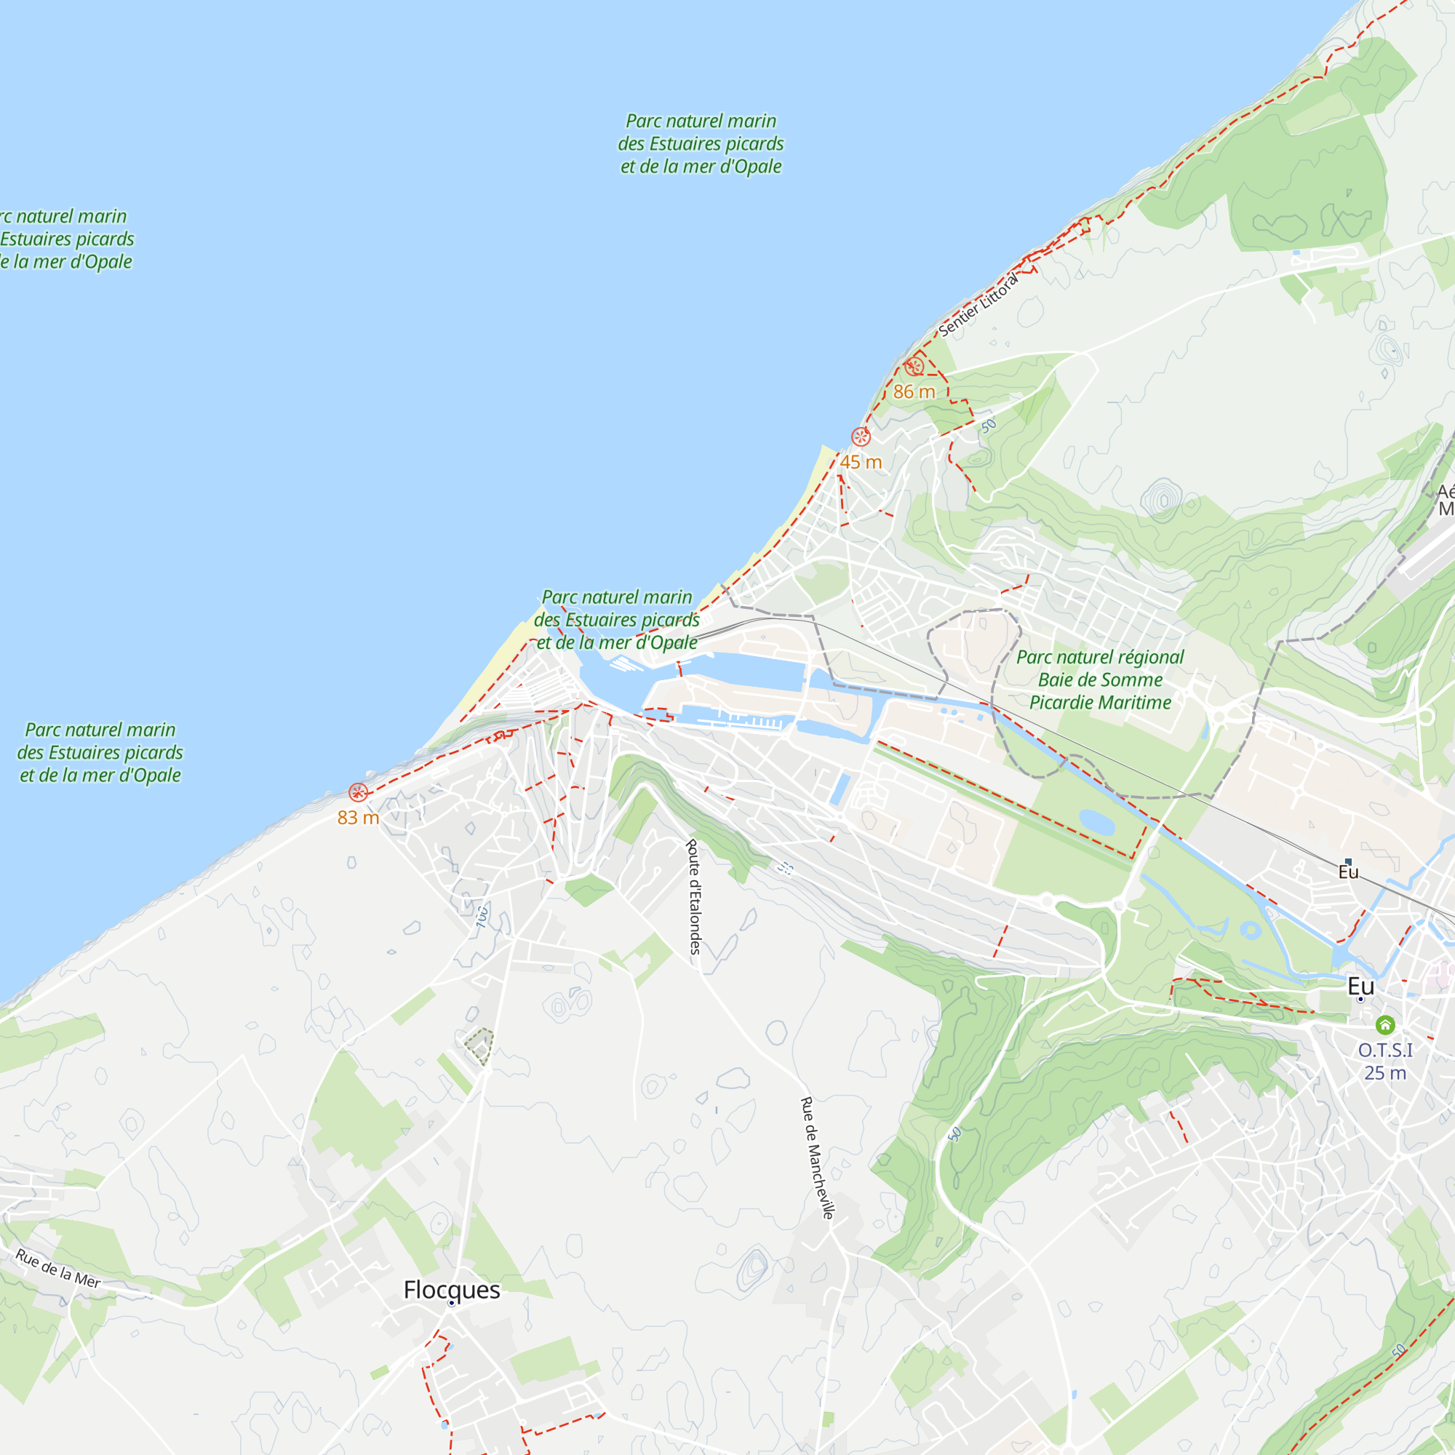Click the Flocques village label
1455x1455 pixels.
[451, 1289]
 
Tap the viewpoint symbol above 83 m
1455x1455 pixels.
[358, 792]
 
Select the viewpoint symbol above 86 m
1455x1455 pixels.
[914, 367]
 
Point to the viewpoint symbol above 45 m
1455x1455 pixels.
[861, 436]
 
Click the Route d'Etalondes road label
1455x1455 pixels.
[693, 896]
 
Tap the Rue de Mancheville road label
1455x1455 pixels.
[817, 1157]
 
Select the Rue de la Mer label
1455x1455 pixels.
[58, 1268]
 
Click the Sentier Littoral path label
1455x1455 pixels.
[978, 304]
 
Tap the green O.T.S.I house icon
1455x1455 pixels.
[1385, 1025]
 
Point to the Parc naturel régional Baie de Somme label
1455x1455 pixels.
[1099, 680]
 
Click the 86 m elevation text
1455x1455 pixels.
[914, 391]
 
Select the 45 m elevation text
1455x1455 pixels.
[861, 463]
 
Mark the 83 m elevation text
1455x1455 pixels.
[358, 818]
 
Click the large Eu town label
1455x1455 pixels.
[1360, 986]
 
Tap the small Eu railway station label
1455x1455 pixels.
[1348, 872]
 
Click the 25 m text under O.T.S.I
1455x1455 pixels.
[1385, 1073]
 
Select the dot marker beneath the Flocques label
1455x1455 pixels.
[451, 1303]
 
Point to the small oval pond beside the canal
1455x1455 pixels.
[1096, 822]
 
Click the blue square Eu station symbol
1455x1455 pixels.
[1348, 861]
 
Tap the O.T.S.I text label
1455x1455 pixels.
[1385, 1050]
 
